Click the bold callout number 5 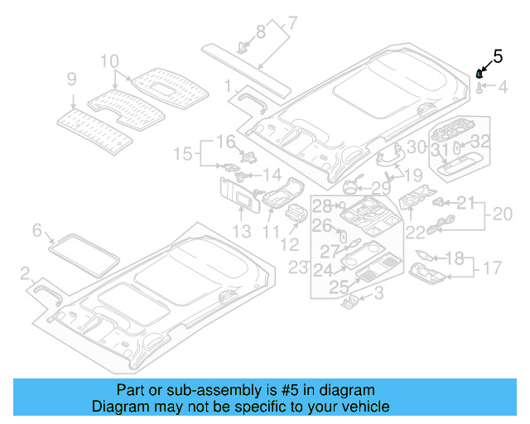pyautogui.click(x=498, y=56)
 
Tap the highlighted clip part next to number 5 pyautogui.click(x=479, y=75)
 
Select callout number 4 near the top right pyautogui.click(x=502, y=85)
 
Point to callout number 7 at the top pyautogui.click(x=292, y=22)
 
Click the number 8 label pyautogui.click(x=261, y=32)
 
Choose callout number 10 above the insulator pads pyautogui.click(x=109, y=61)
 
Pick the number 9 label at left pyautogui.click(x=71, y=79)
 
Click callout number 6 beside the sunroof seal pyautogui.click(x=36, y=229)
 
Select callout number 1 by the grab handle pyautogui.click(x=228, y=85)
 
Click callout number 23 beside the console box pyautogui.click(x=297, y=267)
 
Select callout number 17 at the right pyautogui.click(x=493, y=267)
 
